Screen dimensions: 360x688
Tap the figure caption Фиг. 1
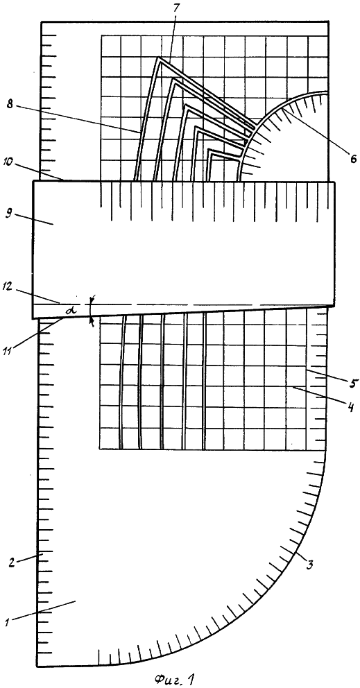[174, 678]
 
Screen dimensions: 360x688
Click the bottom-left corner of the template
[36, 666]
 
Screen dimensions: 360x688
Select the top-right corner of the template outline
[329, 21]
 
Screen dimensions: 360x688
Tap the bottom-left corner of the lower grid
[100, 449]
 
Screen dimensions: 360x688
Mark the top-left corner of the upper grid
[101, 35]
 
